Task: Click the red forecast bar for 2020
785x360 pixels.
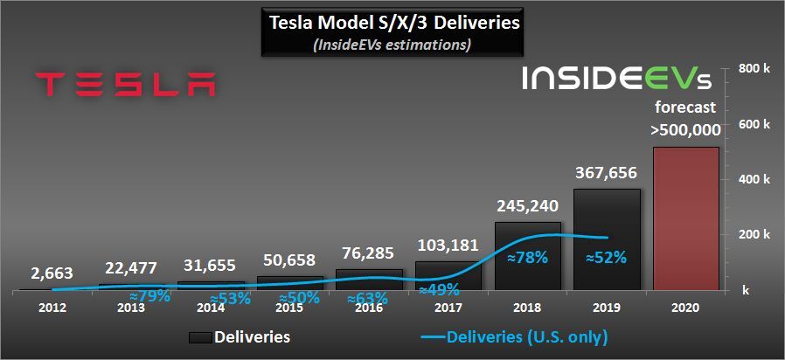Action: (685, 218)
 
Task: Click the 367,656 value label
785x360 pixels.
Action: (607, 173)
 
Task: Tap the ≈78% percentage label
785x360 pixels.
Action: (527, 258)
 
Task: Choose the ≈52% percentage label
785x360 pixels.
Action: (607, 258)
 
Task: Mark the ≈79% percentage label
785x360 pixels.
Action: (146, 295)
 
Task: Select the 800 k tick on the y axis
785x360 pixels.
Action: (754, 69)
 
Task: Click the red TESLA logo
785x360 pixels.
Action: (126, 85)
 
